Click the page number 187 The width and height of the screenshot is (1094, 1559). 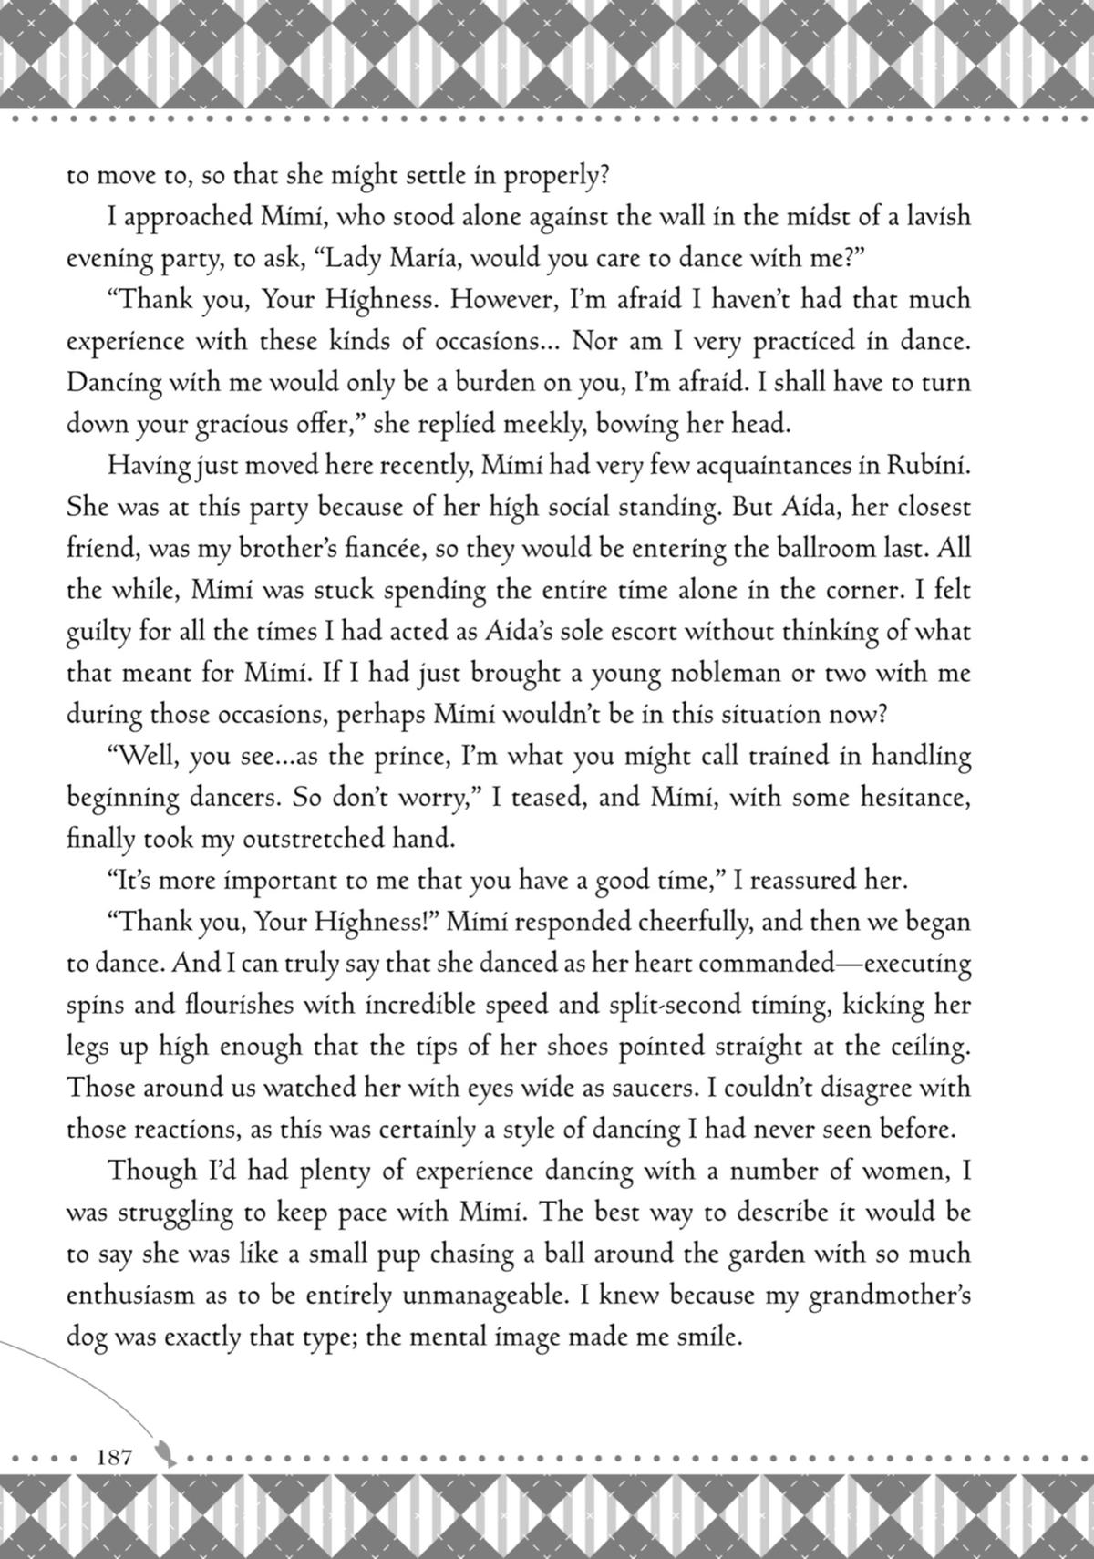[x=114, y=1456]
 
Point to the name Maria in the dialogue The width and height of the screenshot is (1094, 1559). [x=424, y=258]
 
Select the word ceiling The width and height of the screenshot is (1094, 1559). [x=932, y=1047]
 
